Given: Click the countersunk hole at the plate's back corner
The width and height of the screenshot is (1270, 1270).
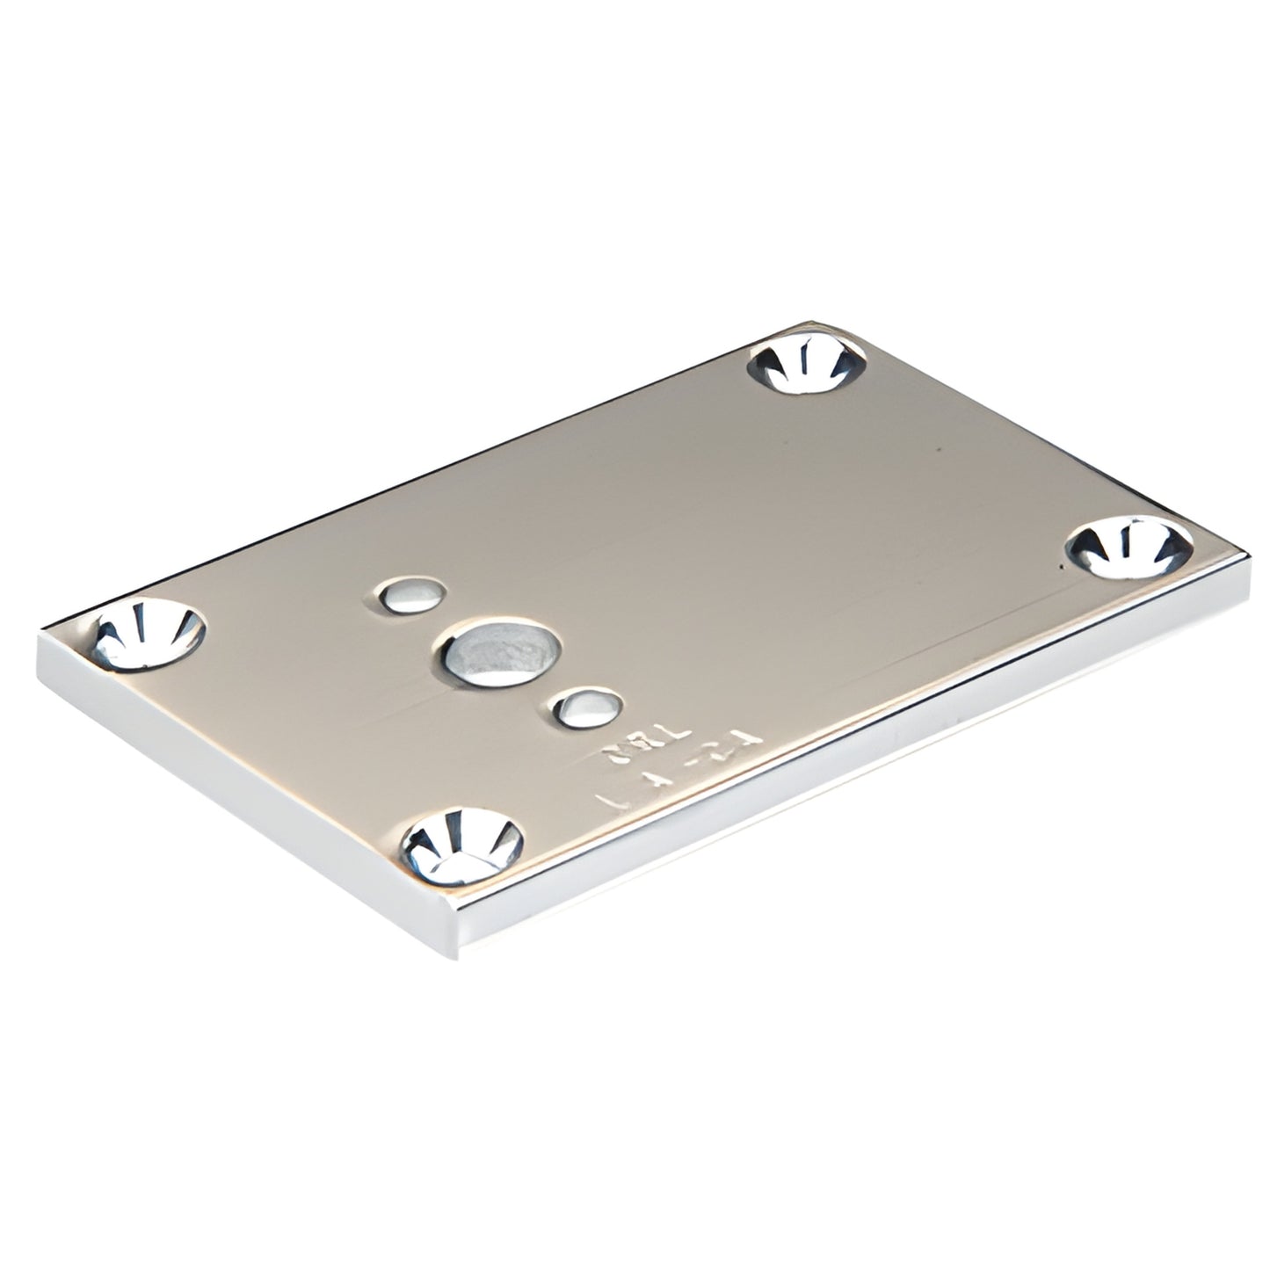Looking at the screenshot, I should click(807, 365).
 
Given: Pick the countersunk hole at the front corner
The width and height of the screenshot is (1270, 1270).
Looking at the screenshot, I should click(461, 845).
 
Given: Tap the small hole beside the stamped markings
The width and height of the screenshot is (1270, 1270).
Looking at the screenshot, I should click(590, 708).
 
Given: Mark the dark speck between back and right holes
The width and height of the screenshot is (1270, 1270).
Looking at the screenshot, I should click(940, 449).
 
